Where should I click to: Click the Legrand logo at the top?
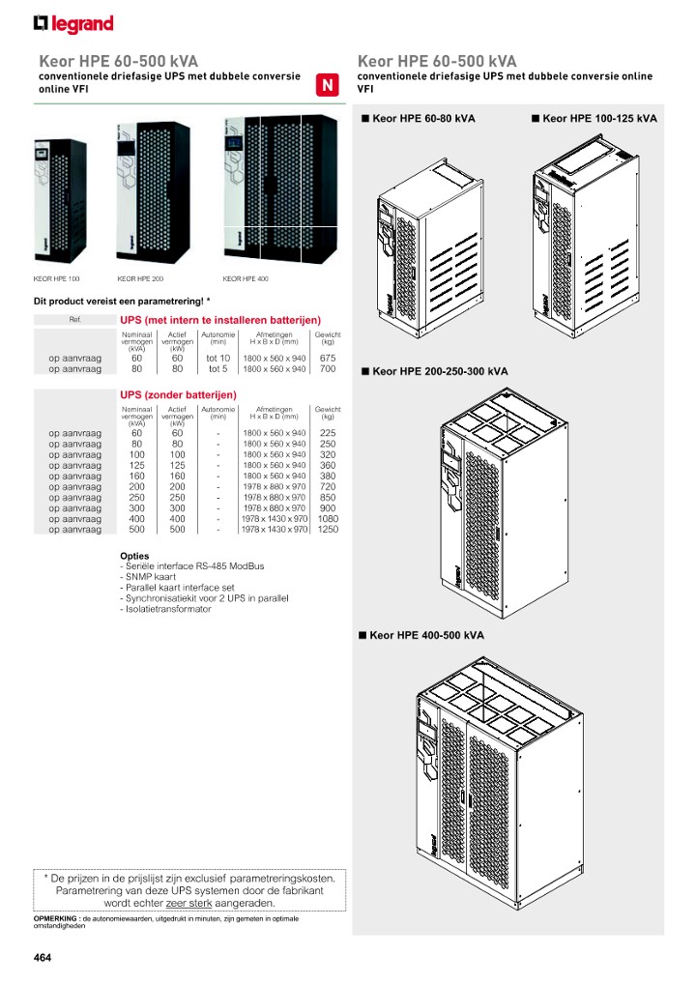[73, 23]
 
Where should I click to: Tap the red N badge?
[327, 85]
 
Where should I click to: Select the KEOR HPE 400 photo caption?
[245, 278]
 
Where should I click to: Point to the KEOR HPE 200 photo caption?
[140, 278]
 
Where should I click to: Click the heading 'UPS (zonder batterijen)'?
[178, 395]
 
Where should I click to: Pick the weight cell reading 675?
[327, 358]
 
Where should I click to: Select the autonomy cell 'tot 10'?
[218, 358]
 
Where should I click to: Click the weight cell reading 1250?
[327, 530]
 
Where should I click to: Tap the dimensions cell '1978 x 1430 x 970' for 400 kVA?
[275, 519]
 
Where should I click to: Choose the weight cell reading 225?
[327, 433]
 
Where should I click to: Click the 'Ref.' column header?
[75, 320]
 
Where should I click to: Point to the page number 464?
[42, 958]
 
